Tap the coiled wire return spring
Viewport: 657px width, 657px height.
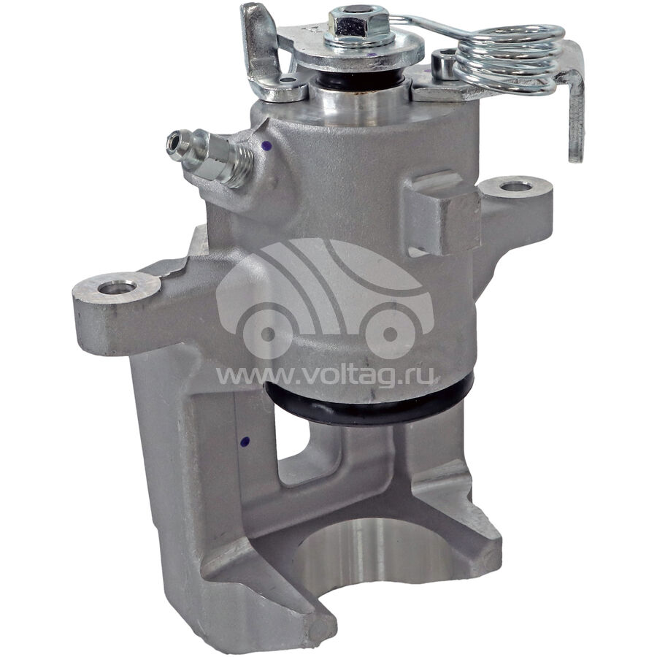(509, 58)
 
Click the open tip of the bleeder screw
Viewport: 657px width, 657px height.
(172, 142)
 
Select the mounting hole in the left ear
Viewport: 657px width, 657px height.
(117, 288)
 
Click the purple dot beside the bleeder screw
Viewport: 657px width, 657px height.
(265, 146)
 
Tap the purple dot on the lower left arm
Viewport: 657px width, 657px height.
(245, 441)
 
